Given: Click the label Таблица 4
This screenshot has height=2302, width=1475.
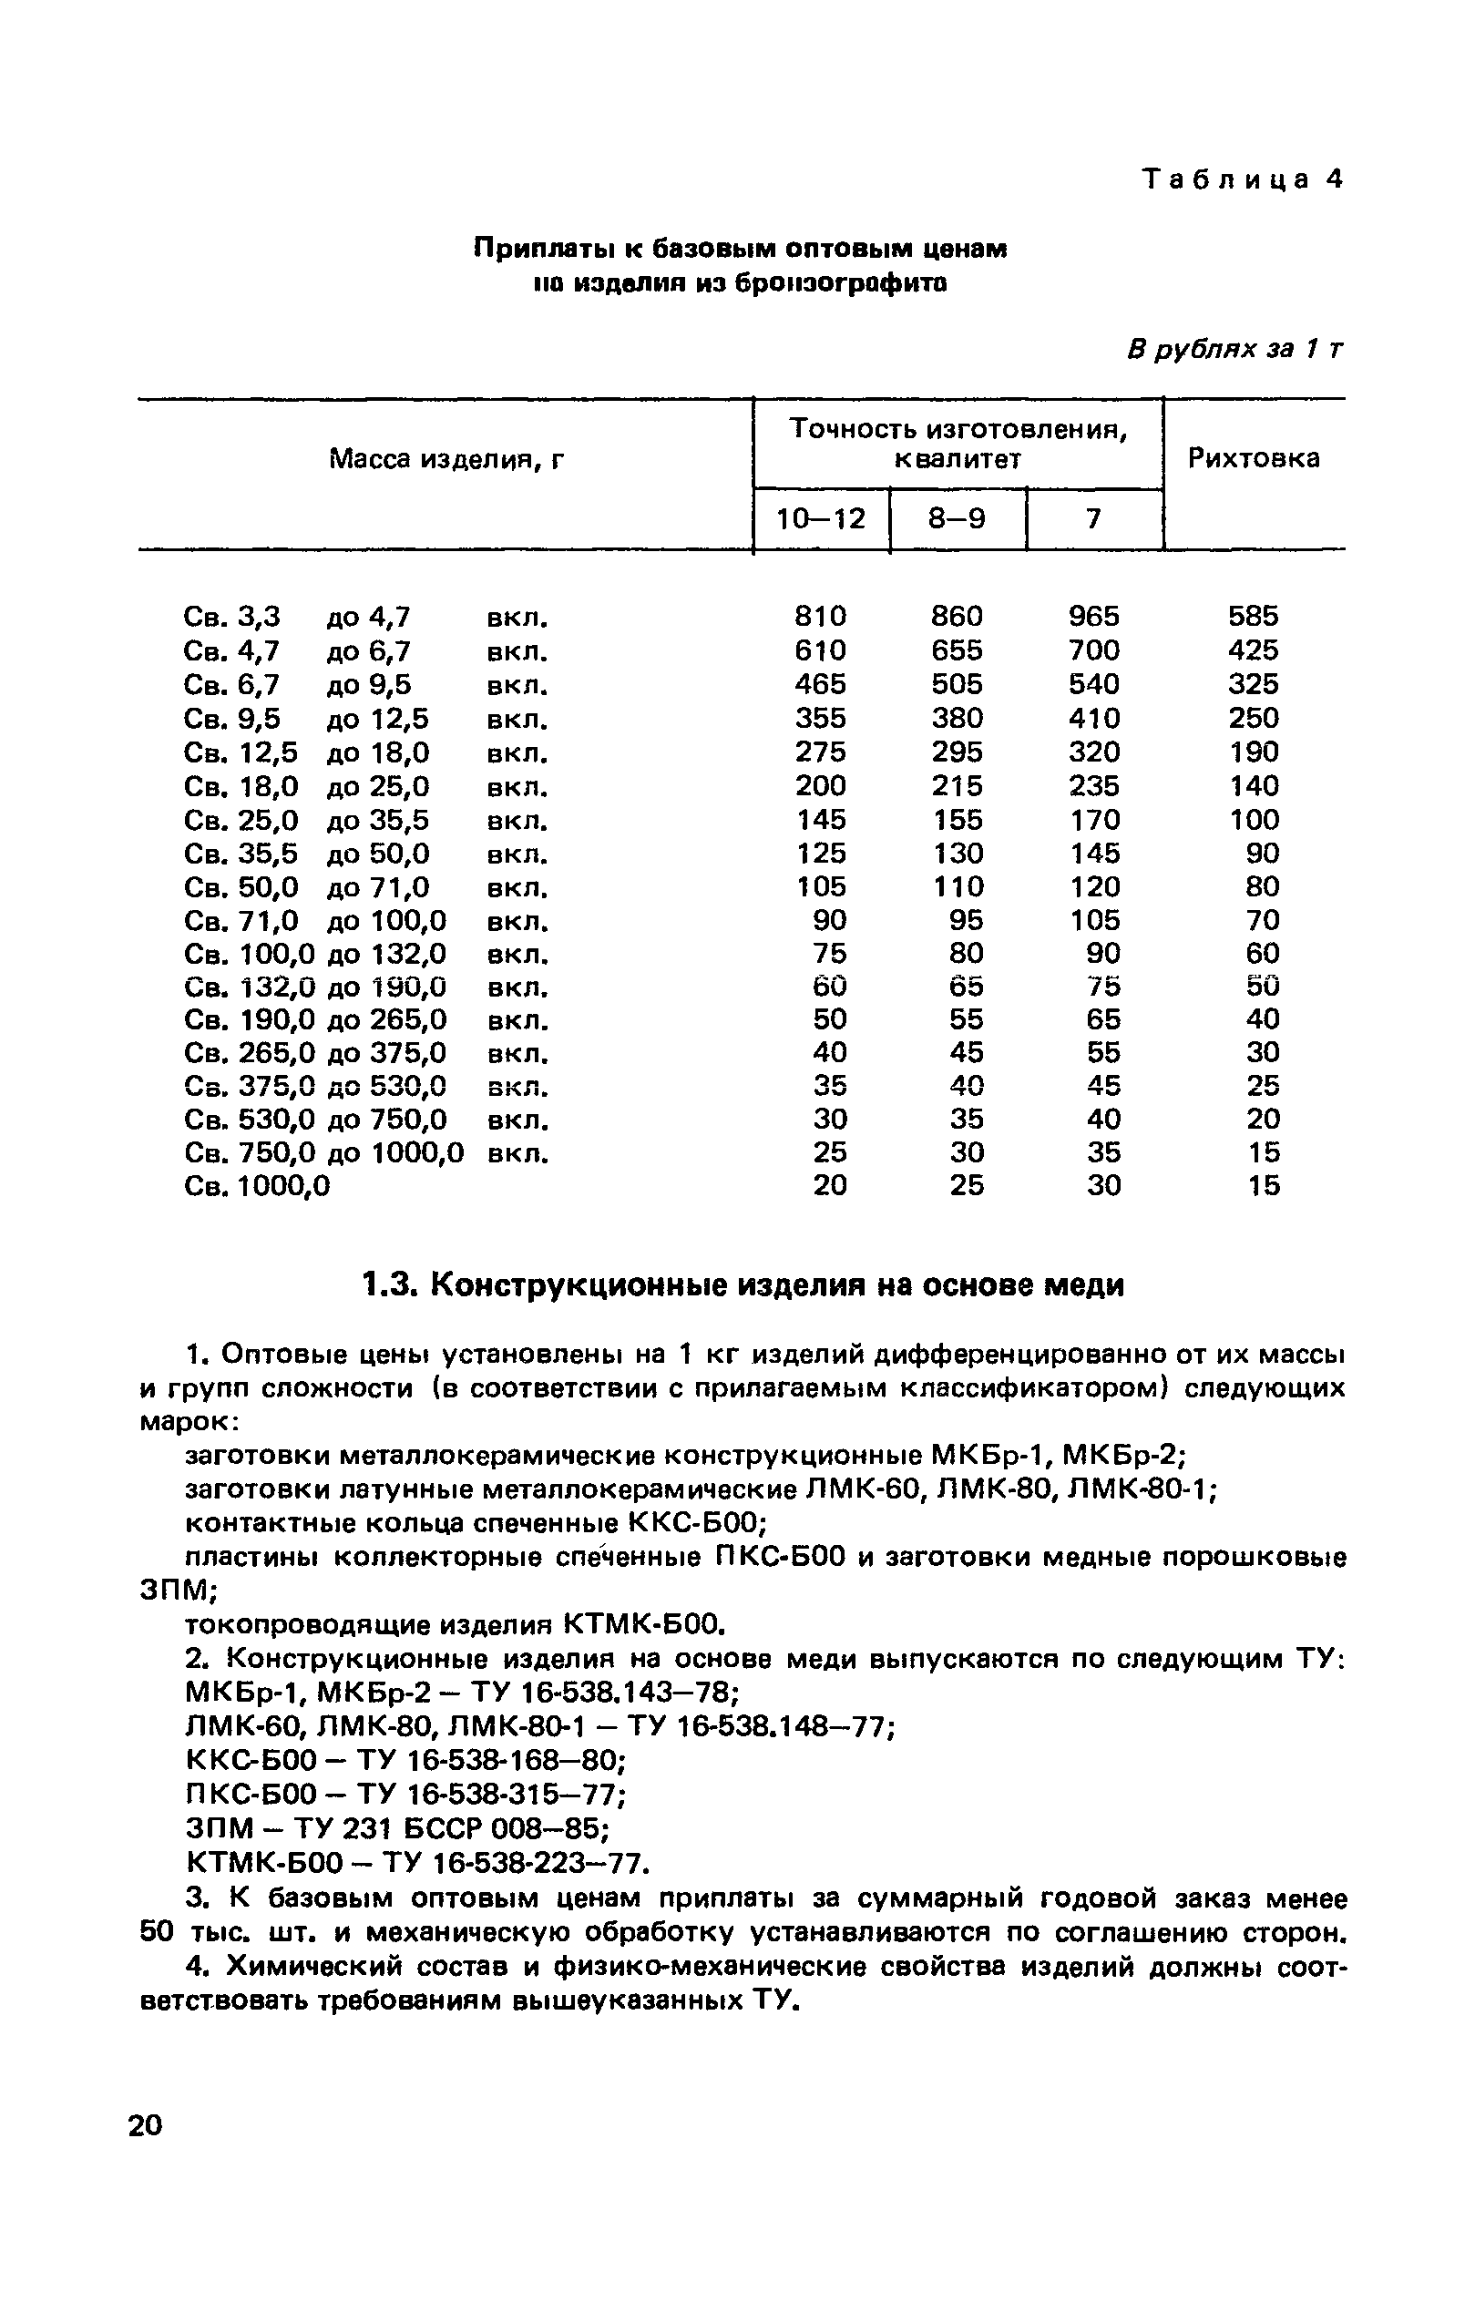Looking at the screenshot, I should (x=1243, y=179).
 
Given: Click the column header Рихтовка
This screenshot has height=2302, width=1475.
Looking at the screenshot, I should (x=1253, y=459).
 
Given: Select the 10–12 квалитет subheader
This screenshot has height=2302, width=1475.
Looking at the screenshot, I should (x=821, y=519).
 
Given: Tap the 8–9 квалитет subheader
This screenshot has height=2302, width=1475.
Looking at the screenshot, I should (x=957, y=519).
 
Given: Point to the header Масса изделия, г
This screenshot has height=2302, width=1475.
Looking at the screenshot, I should (x=446, y=461).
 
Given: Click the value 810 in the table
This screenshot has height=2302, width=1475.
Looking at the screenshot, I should (x=821, y=616).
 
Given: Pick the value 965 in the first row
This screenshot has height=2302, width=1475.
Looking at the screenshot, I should (x=1094, y=616).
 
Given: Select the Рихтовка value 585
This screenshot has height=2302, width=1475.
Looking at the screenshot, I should (x=1253, y=616).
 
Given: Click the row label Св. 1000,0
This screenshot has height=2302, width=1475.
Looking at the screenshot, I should (x=257, y=1186).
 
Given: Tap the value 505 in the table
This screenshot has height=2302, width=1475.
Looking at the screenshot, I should (x=957, y=684).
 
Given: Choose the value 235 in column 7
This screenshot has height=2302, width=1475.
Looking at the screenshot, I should (x=1094, y=785).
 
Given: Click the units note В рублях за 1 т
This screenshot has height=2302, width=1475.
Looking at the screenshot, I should (x=1234, y=350).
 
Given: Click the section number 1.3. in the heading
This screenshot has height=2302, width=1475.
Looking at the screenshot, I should (x=391, y=1284).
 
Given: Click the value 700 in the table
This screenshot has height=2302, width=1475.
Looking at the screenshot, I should (x=1094, y=650).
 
